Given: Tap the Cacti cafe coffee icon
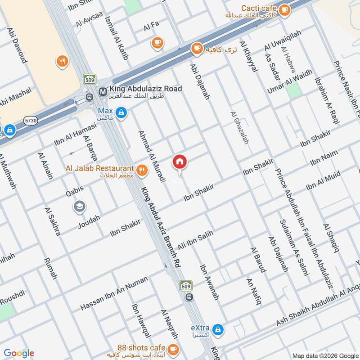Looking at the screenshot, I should [x=284, y=9].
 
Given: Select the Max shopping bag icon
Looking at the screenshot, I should [x=120, y=113].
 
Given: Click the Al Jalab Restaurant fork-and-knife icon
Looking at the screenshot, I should [x=142, y=169].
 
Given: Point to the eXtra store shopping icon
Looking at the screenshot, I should [x=218, y=330].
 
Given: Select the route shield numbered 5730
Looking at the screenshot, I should [x=31, y=120].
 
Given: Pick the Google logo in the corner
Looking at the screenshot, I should [x=19, y=353].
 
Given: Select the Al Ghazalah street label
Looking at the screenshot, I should [x=239, y=128].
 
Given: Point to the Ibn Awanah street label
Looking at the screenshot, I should [x=209, y=282].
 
